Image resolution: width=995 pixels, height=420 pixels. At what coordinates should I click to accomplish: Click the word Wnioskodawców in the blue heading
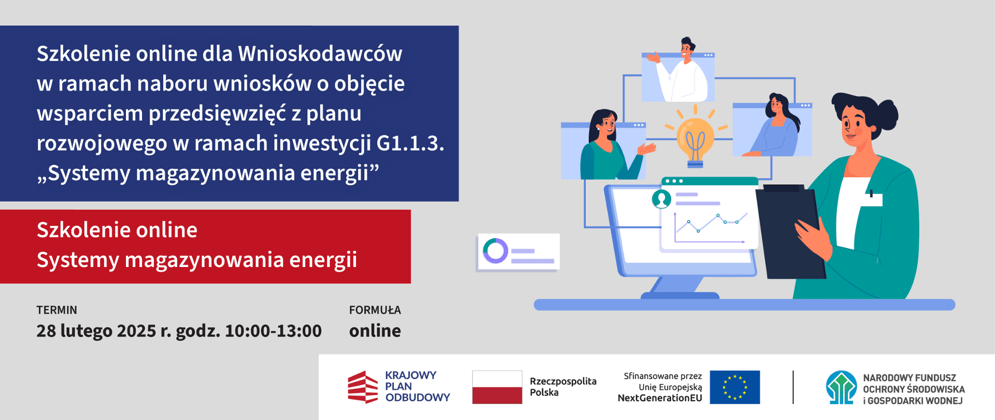point(320,53)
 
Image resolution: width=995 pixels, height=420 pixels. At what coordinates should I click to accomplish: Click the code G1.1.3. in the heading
point(410,143)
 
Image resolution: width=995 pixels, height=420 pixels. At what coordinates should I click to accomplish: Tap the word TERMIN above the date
point(56,310)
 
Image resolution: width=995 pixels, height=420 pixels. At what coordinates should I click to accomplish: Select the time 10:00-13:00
point(274,331)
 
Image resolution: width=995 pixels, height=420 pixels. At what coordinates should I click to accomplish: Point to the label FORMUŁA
point(375,310)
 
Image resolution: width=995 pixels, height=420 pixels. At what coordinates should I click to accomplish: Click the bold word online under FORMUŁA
point(375,331)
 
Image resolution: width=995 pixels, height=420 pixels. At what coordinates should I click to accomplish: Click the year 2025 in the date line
point(136,331)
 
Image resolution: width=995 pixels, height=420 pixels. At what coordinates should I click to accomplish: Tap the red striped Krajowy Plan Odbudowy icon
point(363,387)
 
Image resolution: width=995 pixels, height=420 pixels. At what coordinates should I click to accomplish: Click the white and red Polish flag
point(497,387)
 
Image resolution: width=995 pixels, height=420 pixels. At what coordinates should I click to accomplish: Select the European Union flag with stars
point(734,387)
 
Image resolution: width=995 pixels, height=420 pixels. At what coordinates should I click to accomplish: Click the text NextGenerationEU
point(660,398)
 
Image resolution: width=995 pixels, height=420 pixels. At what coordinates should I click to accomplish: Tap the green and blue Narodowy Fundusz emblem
point(841,387)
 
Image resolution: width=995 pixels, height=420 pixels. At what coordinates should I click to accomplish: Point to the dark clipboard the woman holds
point(789,232)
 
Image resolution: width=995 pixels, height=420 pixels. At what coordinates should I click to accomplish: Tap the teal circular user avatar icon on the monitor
point(661,199)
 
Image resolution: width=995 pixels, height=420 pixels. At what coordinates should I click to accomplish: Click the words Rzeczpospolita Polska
point(563,387)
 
